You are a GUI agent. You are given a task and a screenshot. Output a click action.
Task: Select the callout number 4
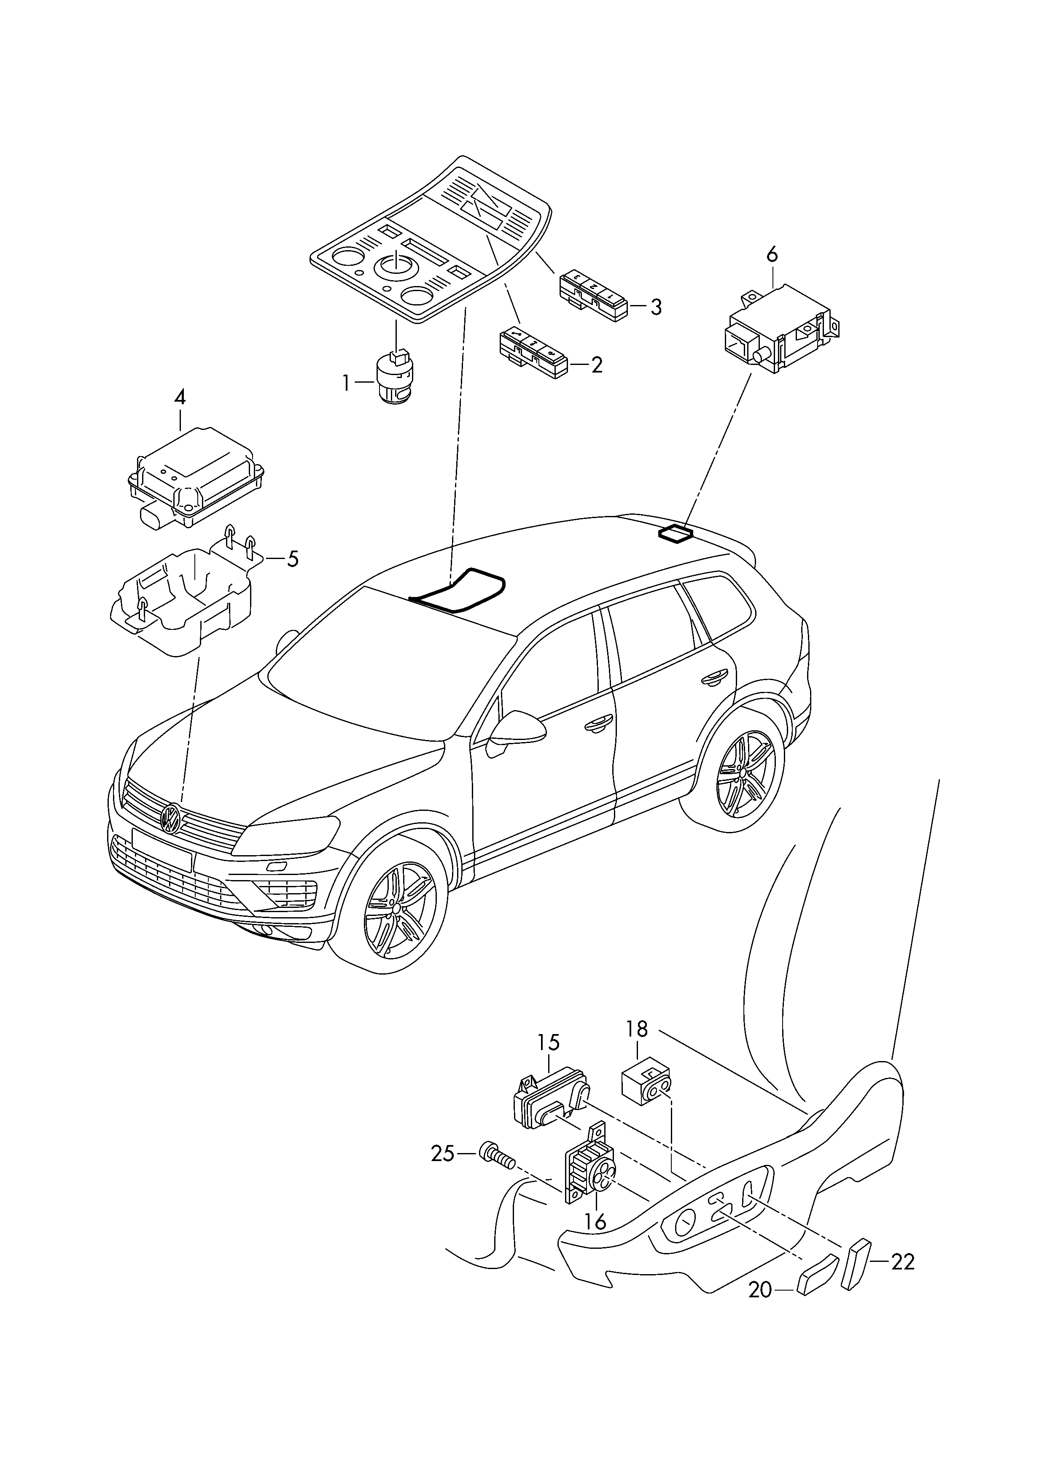click(x=180, y=397)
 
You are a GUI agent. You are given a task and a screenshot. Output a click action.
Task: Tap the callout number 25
click(x=443, y=1153)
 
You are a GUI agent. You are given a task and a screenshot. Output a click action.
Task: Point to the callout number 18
click(x=637, y=1029)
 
